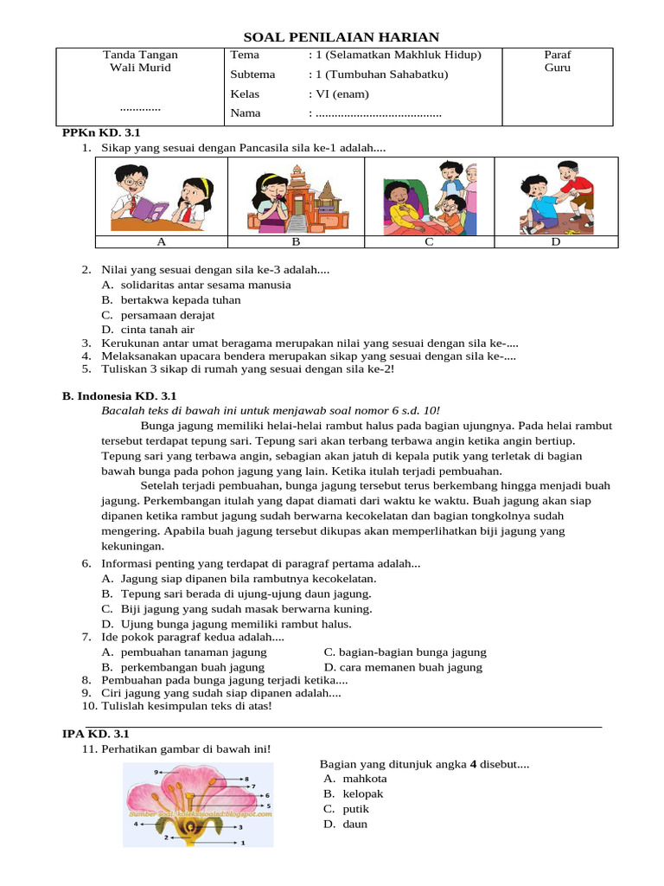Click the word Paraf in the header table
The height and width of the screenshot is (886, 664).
point(557,55)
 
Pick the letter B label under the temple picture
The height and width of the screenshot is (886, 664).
point(295,242)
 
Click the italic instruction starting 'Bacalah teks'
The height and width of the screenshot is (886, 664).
point(271,410)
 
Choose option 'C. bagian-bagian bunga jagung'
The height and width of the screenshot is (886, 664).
point(405,652)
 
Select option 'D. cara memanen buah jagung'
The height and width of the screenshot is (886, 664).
point(403,667)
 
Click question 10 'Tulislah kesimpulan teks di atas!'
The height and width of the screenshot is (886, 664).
point(186,706)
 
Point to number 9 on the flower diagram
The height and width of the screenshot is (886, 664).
point(156,771)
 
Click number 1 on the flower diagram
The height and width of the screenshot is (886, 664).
point(243,842)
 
